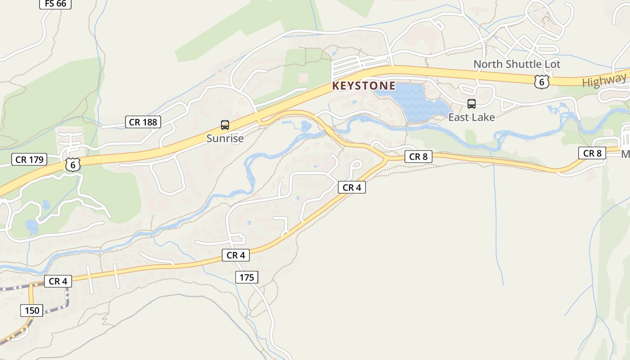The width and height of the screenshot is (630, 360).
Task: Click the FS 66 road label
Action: click(x=55, y=4)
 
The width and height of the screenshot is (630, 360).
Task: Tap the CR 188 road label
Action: click(x=143, y=122)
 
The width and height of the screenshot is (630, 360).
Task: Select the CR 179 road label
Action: click(x=29, y=159)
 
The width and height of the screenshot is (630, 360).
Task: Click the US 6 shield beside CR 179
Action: click(x=72, y=164)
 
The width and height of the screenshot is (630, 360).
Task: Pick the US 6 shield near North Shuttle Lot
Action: click(x=542, y=81)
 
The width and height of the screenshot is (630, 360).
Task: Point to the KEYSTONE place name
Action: click(x=364, y=85)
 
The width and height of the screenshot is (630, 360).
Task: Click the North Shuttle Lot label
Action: click(x=517, y=64)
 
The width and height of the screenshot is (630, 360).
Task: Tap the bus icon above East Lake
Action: click(x=471, y=104)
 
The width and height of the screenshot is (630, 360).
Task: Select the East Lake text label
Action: click(x=471, y=117)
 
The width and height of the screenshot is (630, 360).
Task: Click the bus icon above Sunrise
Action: click(x=225, y=125)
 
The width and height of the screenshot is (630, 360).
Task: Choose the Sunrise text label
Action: click(x=225, y=139)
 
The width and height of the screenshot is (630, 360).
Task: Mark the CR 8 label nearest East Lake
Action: click(x=418, y=157)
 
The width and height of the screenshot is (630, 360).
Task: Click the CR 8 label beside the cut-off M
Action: click(x=592, y=153)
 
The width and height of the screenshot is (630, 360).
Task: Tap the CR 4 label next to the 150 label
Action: click(x=58, y=281)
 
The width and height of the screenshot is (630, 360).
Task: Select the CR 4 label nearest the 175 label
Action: click(x=235, y=255)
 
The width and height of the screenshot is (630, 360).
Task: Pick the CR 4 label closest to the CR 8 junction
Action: click(x=351, y=188)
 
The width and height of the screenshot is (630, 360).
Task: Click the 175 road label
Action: click(x=247, y=277)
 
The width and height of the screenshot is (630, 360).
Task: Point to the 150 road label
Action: click(x=32, y=310)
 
